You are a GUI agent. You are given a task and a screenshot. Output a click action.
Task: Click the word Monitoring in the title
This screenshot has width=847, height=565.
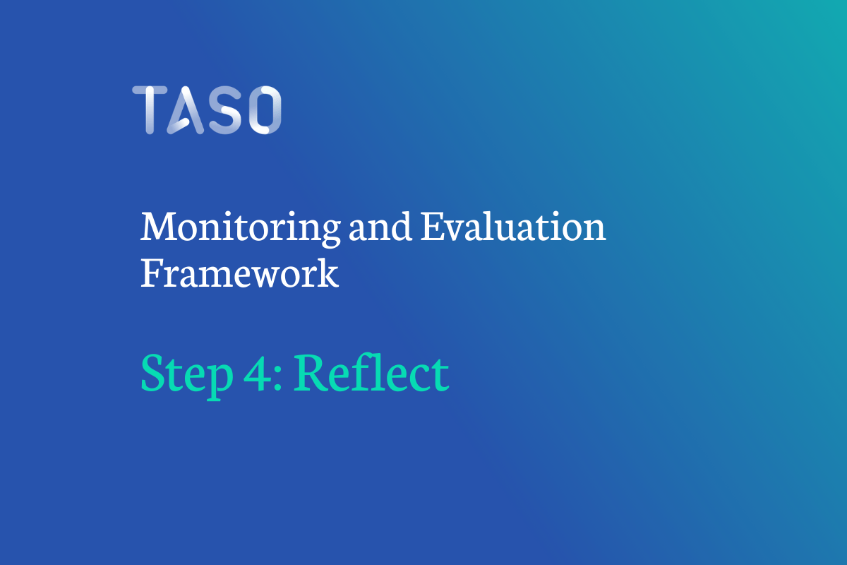coord(238,228)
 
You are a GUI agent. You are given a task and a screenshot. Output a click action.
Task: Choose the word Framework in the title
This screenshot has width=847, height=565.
coord(239,273)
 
